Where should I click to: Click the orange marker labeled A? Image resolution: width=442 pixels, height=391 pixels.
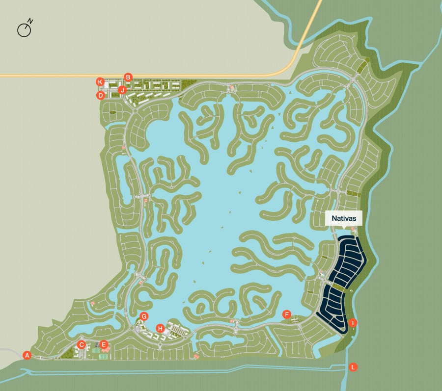[27, 355]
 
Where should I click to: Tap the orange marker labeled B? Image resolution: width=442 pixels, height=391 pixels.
[128, 77]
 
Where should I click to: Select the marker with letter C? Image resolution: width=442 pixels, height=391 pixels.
[82, 344]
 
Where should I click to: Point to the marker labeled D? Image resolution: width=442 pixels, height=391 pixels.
[101, 95]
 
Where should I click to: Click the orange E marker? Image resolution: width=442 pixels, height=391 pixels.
[103, 344]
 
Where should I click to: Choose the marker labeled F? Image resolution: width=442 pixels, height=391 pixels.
[287, 314]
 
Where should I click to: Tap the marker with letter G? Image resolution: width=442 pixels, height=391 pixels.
[144, 316]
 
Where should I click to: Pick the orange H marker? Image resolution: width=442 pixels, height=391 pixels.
[160, 328]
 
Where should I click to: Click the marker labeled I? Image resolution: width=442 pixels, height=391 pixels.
[353, 323]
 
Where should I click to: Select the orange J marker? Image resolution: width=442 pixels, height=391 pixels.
[122, 90]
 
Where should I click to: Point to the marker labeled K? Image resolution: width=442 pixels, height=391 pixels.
[100, 81]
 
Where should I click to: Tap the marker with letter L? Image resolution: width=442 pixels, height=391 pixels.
[353, 367]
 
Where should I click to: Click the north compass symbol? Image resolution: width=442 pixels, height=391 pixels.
[24, 30]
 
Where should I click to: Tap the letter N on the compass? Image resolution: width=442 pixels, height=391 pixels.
[30, 21]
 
